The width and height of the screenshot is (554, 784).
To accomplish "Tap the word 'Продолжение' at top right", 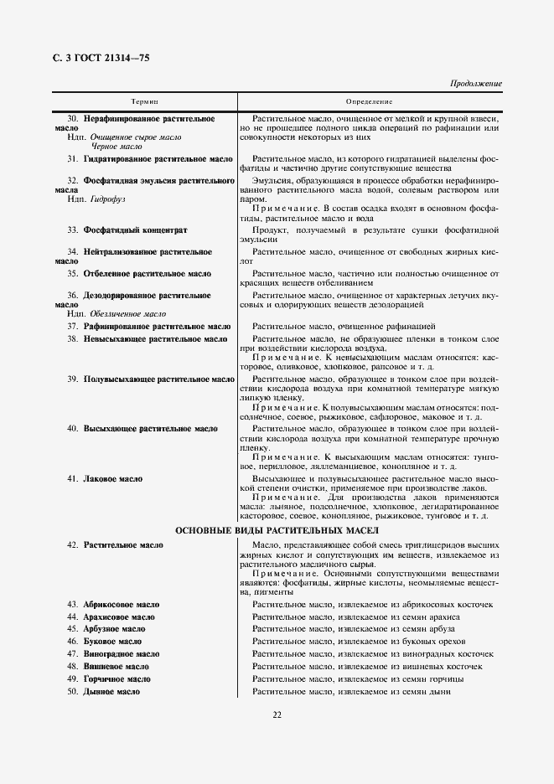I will (x=475, y=84).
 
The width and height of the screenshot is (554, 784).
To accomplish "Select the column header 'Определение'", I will (x=370, y=101).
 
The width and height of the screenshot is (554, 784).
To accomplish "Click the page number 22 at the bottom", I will (x=277, y=714).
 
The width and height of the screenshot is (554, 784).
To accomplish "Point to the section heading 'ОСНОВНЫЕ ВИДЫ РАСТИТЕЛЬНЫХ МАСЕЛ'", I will (x=277, y=531).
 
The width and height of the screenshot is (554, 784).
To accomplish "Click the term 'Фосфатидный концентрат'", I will (x=135, y=230).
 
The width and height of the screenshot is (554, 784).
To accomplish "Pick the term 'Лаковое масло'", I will (x=113, y=479).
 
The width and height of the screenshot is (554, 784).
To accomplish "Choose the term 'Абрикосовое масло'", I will (x=121, y=604).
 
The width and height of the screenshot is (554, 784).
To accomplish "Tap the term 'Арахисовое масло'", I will (x=119, y=616).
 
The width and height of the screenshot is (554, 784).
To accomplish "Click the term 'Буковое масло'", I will (x=112, y=642).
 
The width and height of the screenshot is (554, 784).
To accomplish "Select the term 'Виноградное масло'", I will (x=122, y=654).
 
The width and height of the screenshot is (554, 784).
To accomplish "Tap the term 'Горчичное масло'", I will (x=117, y=679).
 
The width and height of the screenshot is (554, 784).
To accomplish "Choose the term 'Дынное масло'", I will (x=111, y=692).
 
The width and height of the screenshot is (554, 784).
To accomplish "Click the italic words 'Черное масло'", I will (x=117, y=146).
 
